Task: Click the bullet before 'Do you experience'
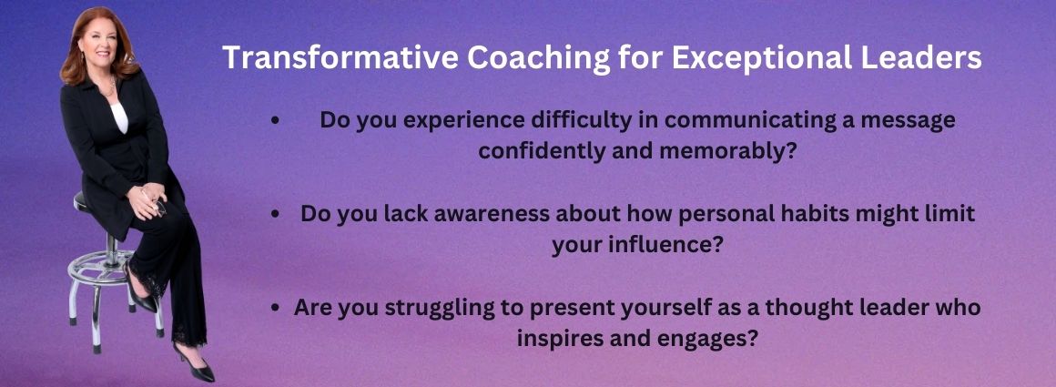click(x=274, y=121)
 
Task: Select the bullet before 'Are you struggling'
click(x=274, y=309)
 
